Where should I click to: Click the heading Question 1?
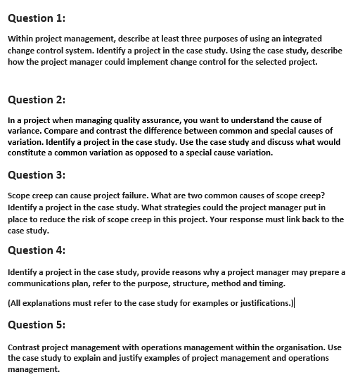35,18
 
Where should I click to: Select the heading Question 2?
35,100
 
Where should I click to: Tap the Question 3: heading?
35,175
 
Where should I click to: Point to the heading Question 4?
35,250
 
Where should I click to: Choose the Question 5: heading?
35,326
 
